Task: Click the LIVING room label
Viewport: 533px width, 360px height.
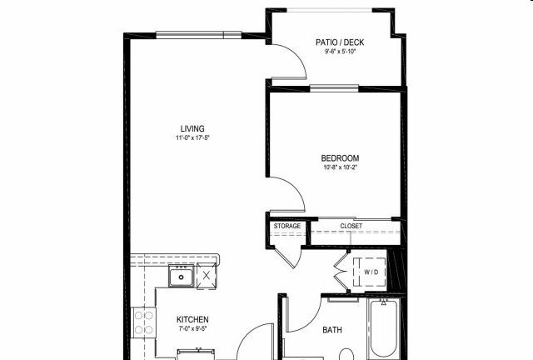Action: coord(192,128)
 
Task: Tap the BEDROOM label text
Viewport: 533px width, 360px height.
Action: coord(340,158)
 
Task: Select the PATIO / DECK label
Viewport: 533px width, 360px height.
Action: coord(340,42)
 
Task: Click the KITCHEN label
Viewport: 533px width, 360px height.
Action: coord(192,319)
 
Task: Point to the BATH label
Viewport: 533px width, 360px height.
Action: coord(332,330)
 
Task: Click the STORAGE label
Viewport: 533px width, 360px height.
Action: coord(287,226)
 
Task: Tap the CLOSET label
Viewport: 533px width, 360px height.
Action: coord(351,226)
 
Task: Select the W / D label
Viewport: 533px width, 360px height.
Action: coord(371,272)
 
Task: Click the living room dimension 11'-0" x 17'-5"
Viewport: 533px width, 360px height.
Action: coord(192,137)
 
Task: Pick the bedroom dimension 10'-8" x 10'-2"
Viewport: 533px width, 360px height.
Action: coord(340,167)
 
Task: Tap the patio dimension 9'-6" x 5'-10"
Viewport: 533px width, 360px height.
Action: coord(340,52)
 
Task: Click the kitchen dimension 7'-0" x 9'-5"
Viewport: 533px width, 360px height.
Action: coord(192,328)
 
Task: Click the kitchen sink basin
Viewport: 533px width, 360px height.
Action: coord(182,277)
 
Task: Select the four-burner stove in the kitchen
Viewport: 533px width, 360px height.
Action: coord(143,322)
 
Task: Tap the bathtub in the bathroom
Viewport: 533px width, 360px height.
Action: coord(383,328)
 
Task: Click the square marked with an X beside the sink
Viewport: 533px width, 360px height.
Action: coord(206,276)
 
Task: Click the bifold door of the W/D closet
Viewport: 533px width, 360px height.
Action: coord(341,272)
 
